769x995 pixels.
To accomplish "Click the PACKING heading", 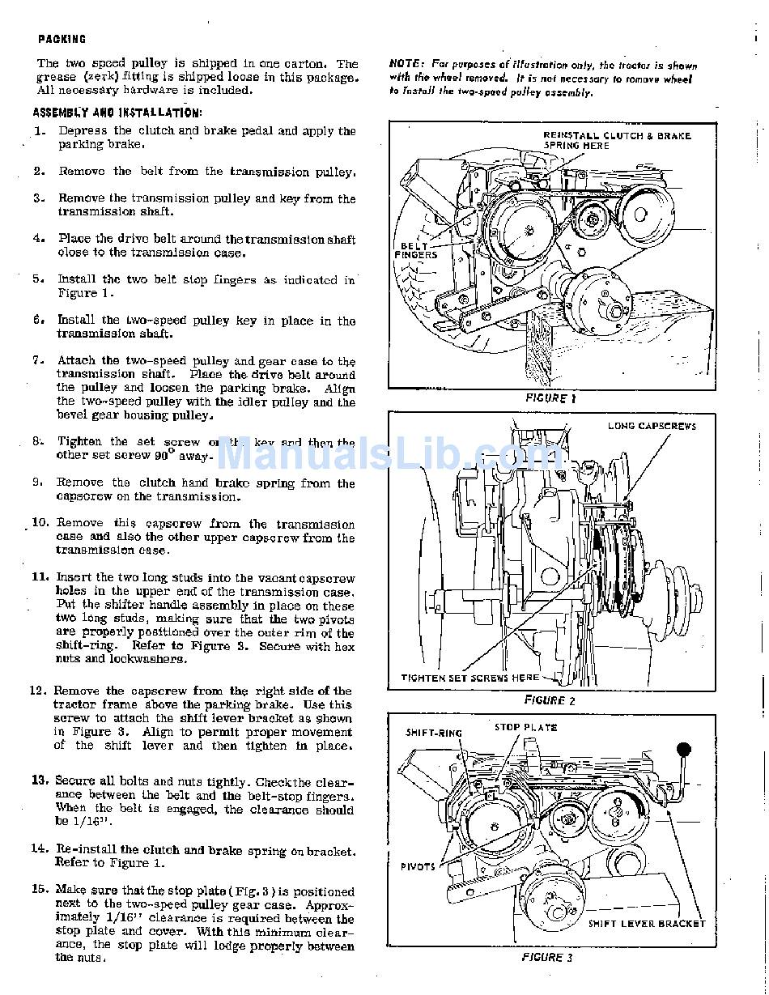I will click(x=62, y=39).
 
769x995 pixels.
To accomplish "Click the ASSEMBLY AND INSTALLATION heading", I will click(x=117, y=113).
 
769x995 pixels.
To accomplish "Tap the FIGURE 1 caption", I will click(x=550, y=398).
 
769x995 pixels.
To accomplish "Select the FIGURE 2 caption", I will click(x=550, y=700).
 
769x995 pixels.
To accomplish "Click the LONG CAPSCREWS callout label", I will click(x=652, y=426).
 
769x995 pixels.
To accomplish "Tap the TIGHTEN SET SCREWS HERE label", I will click(x=470, y=678).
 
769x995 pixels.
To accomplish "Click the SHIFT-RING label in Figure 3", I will click(x=434, y=733).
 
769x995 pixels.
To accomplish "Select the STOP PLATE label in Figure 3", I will click(x=526, y=727).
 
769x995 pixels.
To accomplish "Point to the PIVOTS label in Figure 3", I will click(x=418, y=867).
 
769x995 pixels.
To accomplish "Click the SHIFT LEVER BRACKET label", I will click(x=647, y=924).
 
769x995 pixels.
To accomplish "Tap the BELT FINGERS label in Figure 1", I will click(x=416, y=250).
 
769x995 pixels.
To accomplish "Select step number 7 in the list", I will click(x=39, y=360).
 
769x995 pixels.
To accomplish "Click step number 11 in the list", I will click(x=40, y=577).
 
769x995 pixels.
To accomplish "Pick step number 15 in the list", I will click(x=40, y=890).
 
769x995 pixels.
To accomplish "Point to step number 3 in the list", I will click(x=39, y=198).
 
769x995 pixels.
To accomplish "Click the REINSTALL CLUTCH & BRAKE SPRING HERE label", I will click(x=617, y=140).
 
